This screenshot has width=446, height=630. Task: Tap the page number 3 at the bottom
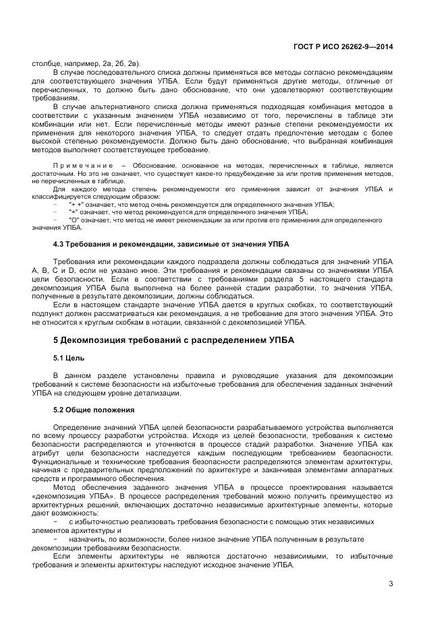coord(391,584)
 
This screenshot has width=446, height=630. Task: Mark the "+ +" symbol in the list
coord(76,204)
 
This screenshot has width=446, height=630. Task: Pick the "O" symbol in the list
coord(74,220)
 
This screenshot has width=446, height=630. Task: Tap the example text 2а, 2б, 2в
coord(121,63)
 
